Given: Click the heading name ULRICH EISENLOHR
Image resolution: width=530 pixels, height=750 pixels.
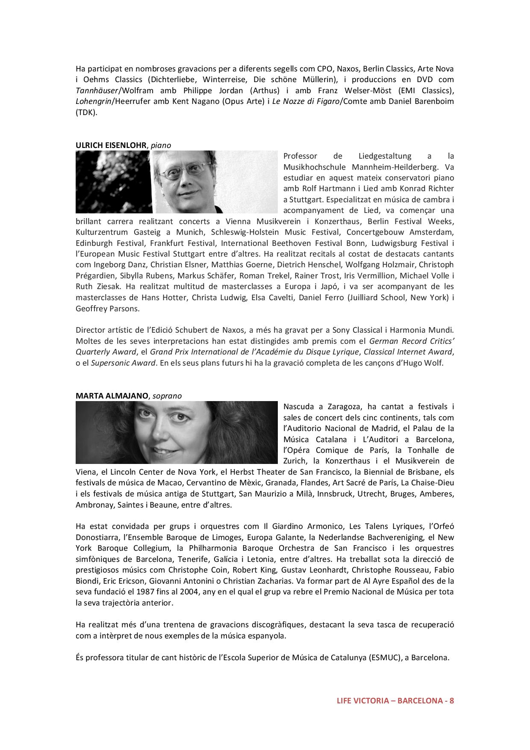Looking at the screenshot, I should tap(111, 145).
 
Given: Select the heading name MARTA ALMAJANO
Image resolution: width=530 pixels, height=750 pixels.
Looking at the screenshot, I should tap(112, 396).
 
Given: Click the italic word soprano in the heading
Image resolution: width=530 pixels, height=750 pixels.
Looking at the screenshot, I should tap(167, 396).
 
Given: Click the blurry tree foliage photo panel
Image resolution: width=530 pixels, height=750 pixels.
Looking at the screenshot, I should tap(114, 182).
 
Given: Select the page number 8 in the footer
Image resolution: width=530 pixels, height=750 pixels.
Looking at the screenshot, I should tap(451, 701).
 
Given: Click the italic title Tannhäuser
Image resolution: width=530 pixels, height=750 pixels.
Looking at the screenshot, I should tap(96, 91).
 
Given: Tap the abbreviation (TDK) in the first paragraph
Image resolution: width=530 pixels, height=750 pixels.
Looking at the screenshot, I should tap(86, 113).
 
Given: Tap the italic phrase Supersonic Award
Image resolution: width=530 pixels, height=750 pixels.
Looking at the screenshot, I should tap(123, 363).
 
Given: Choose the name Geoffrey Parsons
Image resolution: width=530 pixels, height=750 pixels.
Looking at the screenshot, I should tap(107, 308).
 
